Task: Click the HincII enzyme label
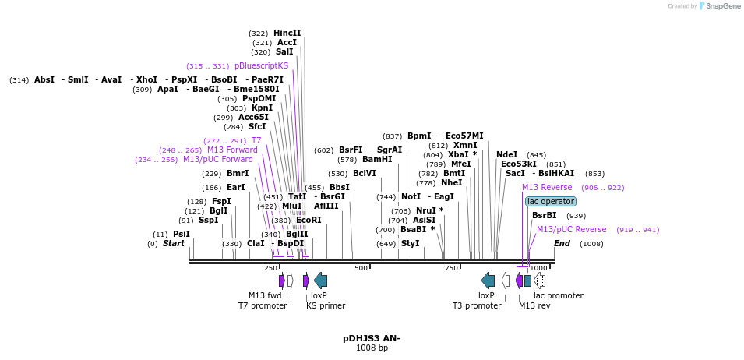[x=287, y=33]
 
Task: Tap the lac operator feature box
[x=551, y=201]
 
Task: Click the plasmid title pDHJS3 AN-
[x=372, y=338]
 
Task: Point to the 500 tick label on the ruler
[x=361, y=268]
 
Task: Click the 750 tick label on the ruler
[x=451, y=268]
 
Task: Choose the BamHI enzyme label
[x=377, y=159]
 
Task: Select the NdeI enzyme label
[x=506, y=154]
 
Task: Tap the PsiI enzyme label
[x=181, y=234]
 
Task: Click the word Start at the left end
[x=173, y=243]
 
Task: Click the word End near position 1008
[x=562, y=243]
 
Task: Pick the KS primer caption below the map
[x=326, y=305]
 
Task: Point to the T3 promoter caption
[x=477, y=305]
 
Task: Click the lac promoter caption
[x=558, y=295]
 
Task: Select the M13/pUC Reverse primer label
[x=571, y=229]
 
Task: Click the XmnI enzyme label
[x=465, y=145]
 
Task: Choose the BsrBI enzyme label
[x=544, y=215]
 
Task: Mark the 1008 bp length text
[x=372, y=348]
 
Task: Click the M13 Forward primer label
[x=232, y=150]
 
